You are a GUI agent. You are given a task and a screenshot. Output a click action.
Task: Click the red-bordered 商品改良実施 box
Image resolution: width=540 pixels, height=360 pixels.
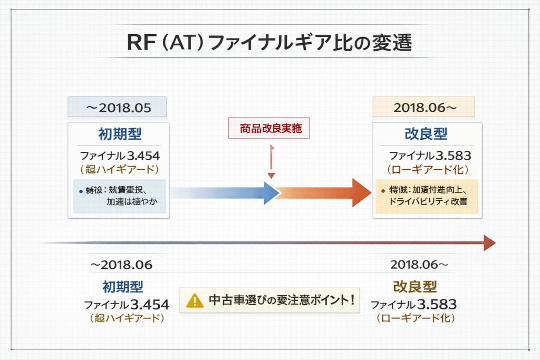point(269,128)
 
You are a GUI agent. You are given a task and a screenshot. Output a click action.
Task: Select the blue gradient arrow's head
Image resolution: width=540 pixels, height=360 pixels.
point(271,193)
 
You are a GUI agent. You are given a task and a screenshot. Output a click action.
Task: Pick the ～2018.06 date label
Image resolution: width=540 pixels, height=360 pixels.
point(122,265)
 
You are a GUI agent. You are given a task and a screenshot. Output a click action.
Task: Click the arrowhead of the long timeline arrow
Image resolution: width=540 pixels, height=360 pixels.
point(489,243)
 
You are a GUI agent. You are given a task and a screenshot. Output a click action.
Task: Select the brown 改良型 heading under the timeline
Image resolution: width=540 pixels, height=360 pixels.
point(415,287)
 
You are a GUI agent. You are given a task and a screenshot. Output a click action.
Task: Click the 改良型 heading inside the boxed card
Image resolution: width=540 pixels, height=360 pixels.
point(426,134)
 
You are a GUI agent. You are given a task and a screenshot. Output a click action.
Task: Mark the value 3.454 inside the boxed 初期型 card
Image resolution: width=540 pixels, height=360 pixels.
point(142,155)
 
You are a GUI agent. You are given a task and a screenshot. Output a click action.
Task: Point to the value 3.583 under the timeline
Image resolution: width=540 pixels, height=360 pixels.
point(437,304)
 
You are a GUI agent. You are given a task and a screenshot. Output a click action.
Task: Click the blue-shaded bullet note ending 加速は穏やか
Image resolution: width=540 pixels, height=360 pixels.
point(119,196)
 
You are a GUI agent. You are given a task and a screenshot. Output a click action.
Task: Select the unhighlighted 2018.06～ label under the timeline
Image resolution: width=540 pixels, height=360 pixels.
point(419,265)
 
